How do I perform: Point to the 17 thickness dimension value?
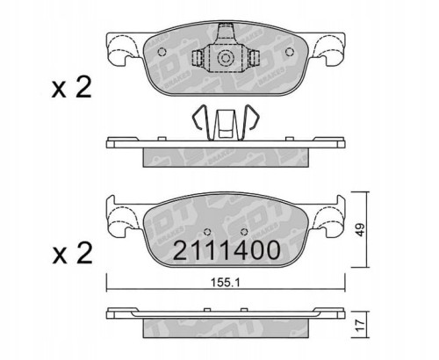pyautogui.click(x=361, y=322)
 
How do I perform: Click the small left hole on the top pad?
pyautogui.click(x=163, y=50)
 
